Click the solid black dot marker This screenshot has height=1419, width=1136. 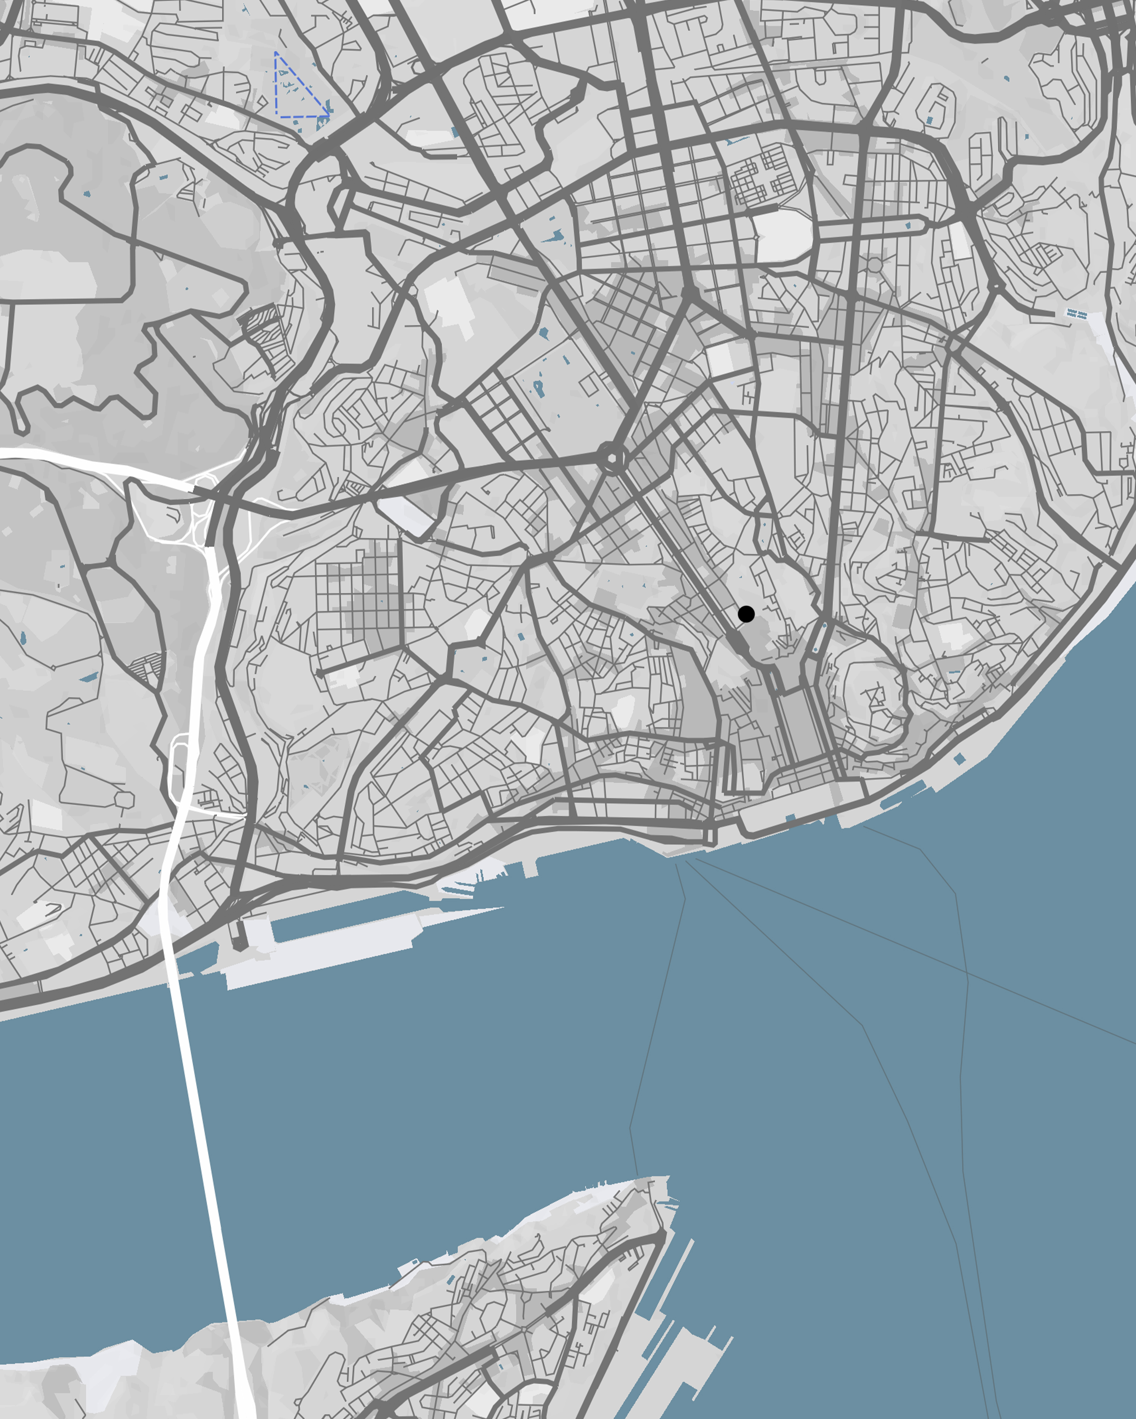[746, 614]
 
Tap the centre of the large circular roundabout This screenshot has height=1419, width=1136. [612, 457]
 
